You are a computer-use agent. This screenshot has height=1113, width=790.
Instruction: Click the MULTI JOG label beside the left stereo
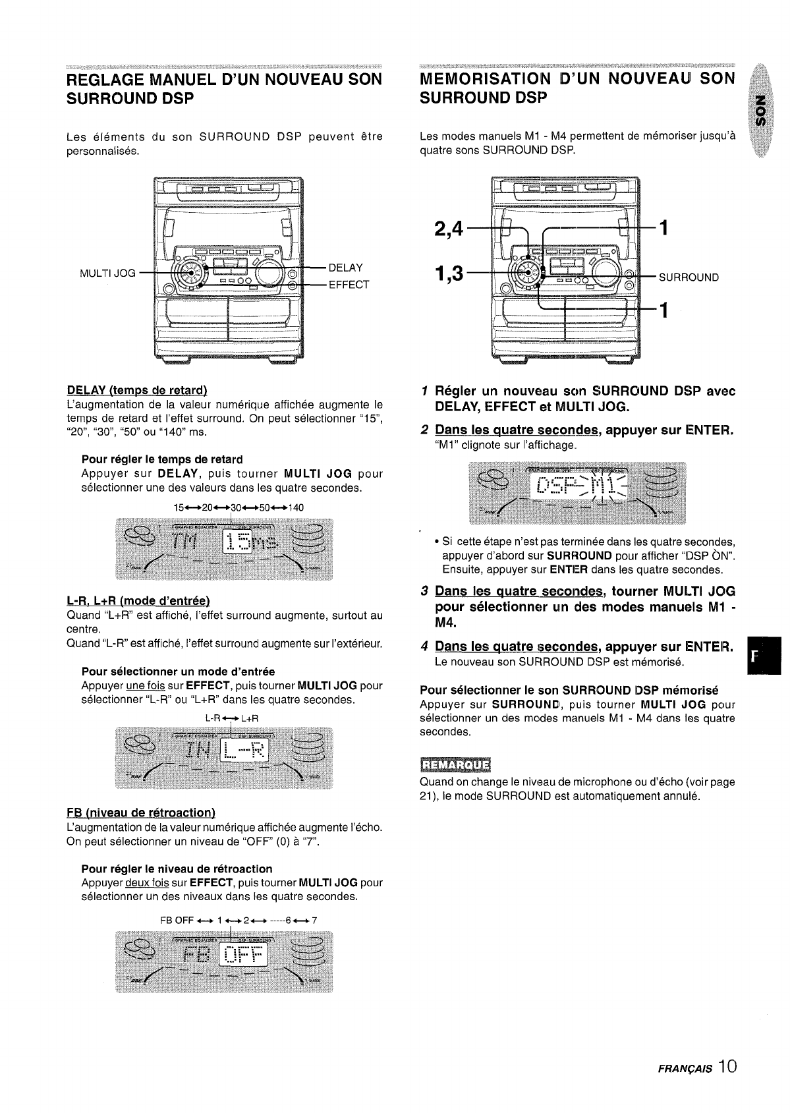click(107, 273)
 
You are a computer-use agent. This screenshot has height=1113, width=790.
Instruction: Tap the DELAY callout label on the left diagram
click(345, 268)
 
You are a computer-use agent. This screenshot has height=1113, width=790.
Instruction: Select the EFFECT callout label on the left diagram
click(349, 285)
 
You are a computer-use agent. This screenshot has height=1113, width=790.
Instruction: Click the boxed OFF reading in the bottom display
click(243, 956)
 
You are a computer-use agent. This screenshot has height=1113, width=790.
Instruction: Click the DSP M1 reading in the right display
click(580, 489)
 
